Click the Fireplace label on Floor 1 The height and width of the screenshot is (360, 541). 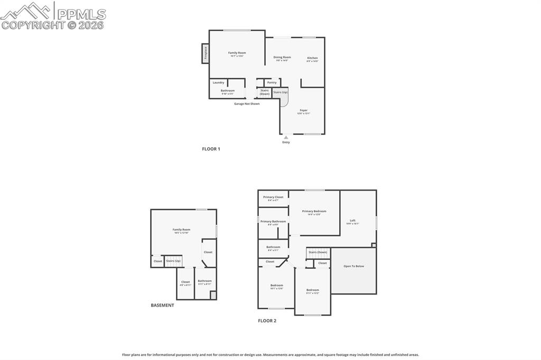[x=206, y=53]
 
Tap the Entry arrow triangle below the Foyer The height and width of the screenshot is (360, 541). [x=286, y=137]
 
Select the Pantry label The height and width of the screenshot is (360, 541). [x=272, y=82]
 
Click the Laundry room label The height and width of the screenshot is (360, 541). [x=218, y=82]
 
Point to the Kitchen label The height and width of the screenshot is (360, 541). [x=312, y=58]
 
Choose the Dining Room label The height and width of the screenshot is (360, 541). [x=282, y=57]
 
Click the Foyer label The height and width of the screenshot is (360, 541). [x=303, y=110]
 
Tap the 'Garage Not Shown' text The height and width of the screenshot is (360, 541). [x=247, y=103]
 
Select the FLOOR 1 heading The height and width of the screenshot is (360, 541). [x=211, y=149]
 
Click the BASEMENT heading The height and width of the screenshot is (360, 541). [x=162, y=305]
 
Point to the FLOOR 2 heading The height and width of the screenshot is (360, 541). [x=267, y=320]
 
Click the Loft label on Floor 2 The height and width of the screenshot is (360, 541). [x=352, y=220]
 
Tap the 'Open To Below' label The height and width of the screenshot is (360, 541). [x=353, y=266]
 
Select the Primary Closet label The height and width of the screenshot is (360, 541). [x=273, y=197]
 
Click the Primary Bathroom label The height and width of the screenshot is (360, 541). [x=273, y=221]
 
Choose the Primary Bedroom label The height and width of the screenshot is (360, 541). [x=314, y=211]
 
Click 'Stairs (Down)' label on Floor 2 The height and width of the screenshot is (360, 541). [x=318, y=252]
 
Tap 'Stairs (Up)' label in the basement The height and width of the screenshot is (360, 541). [x=173, y=261]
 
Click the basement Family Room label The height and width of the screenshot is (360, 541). [x=181, y=229]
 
